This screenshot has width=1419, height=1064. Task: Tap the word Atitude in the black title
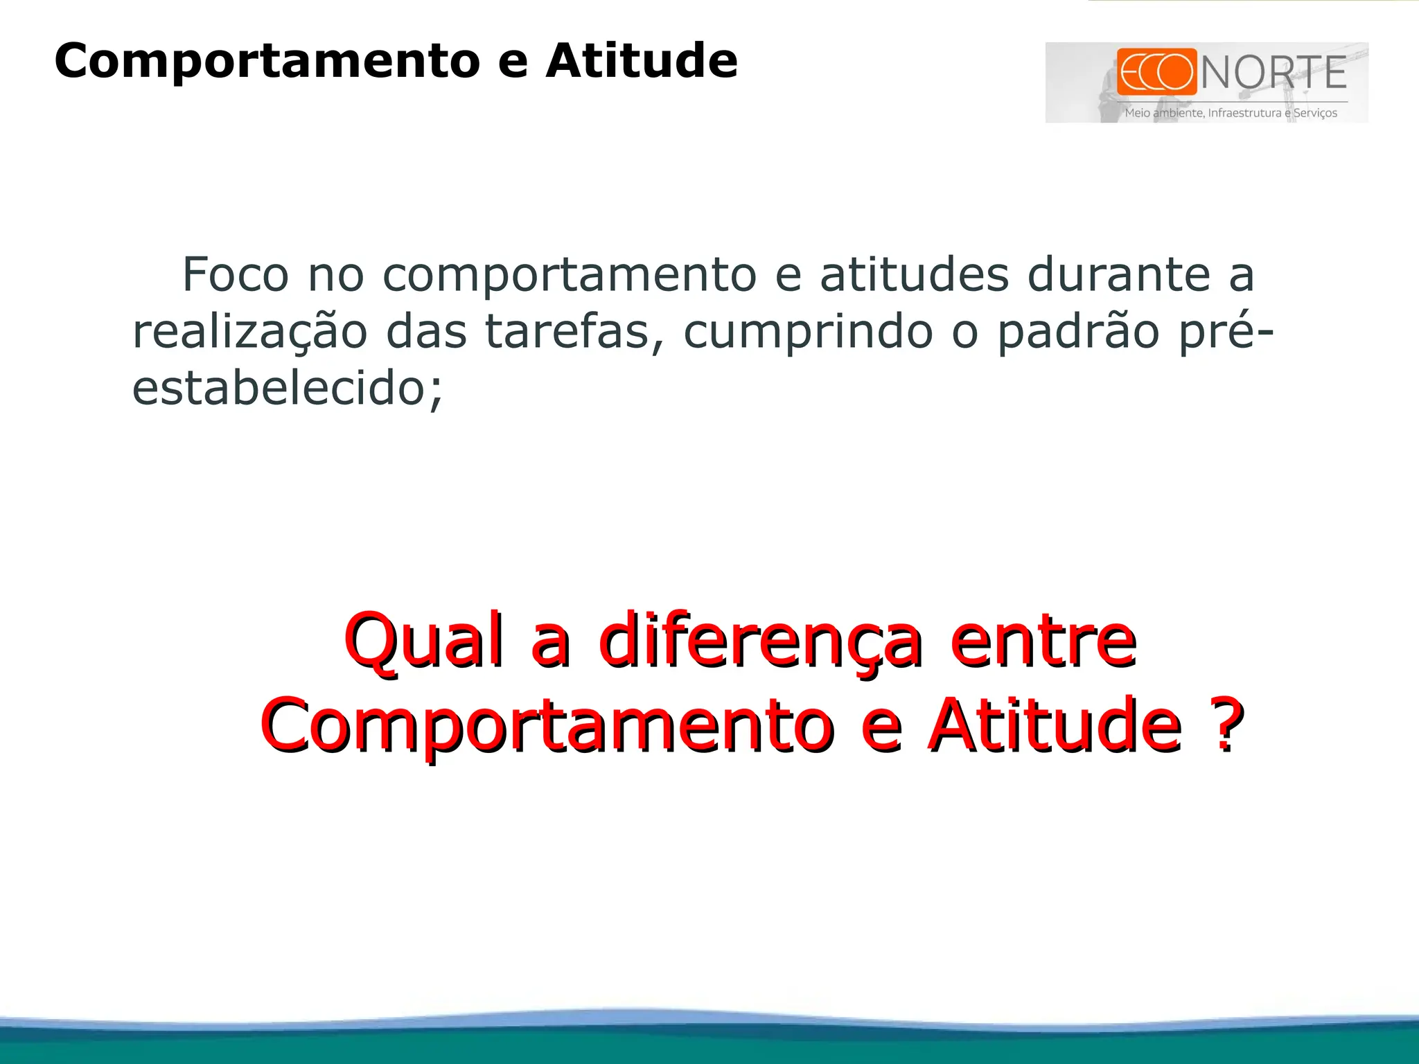point(642,61)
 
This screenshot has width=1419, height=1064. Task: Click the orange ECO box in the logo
point(1156,71)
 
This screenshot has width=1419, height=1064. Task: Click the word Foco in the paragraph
point(235,275)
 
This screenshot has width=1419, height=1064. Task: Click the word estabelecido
point(287,389)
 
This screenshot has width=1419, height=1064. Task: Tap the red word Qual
point(423,641)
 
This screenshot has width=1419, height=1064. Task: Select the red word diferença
point(760,641)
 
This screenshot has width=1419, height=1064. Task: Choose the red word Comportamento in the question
point(547,727)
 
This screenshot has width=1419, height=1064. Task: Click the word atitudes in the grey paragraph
point(914,275)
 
